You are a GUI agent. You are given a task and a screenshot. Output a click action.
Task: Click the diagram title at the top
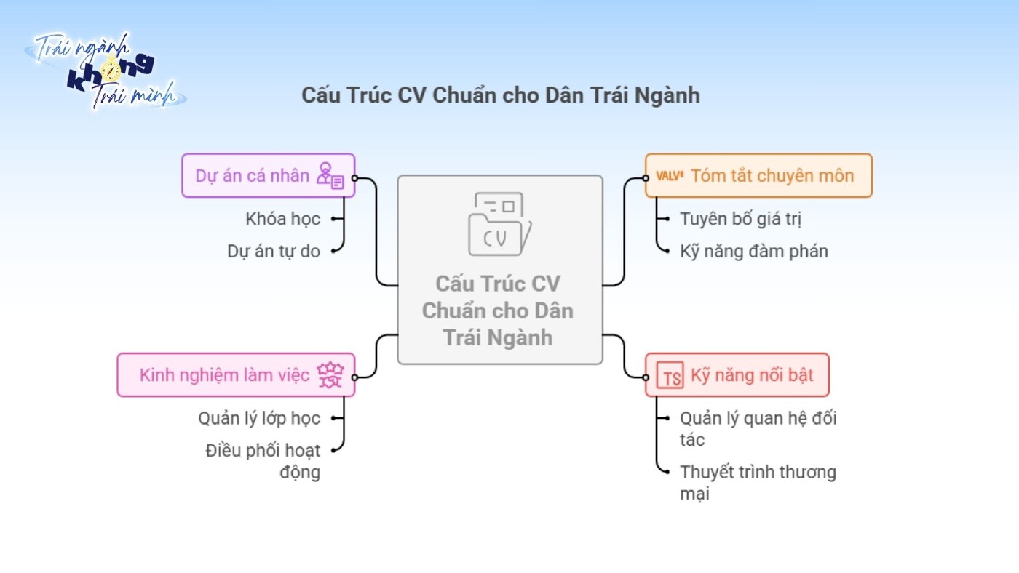click(501, 95)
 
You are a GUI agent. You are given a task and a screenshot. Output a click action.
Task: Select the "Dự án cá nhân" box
click(268, 175)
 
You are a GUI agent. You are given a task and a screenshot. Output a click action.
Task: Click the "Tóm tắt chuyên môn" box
click(758, 175)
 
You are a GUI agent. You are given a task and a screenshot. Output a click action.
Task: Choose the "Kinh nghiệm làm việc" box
click(236, 375)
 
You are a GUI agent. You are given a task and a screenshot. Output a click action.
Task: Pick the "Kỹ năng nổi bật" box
click(737, 375)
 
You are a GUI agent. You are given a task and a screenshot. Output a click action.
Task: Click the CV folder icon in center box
click(499, 223)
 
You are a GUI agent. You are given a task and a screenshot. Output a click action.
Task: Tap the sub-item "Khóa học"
click(282, 218)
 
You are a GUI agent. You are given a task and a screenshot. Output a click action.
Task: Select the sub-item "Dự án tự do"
click(274, 251)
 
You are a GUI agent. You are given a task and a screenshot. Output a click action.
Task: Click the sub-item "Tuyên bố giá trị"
click(740, 218)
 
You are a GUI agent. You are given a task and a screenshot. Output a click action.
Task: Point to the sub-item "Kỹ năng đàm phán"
click(754, 251)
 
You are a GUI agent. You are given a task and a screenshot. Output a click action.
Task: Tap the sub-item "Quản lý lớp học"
click(259, 418)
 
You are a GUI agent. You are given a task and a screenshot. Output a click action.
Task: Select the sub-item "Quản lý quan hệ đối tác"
click(758, 428)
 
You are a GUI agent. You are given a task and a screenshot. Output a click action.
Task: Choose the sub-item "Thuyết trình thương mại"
click(758, 482)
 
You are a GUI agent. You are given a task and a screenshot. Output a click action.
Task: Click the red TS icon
click(670, 377)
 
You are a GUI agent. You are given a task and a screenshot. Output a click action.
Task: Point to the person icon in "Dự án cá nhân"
click(330, 176)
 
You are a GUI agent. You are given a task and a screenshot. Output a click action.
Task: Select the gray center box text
click(499, 310)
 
